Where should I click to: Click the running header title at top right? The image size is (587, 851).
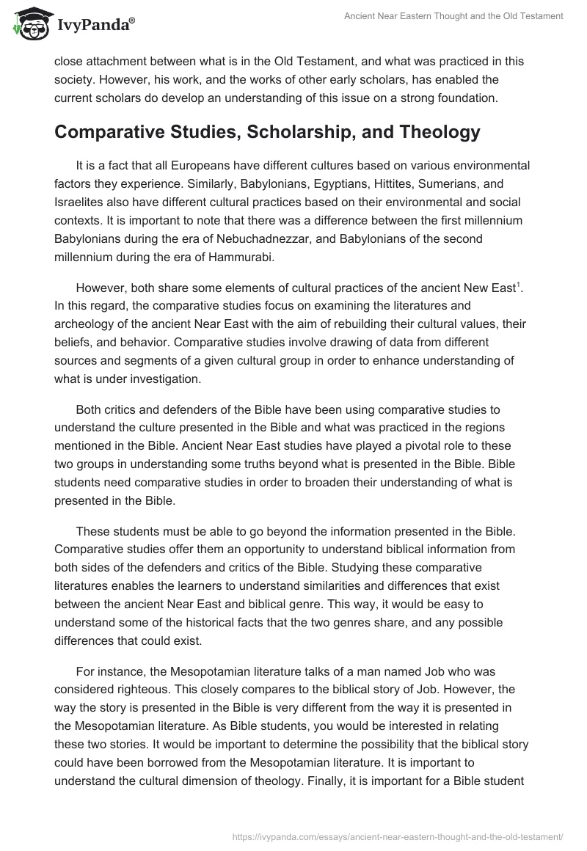point(453,16)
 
